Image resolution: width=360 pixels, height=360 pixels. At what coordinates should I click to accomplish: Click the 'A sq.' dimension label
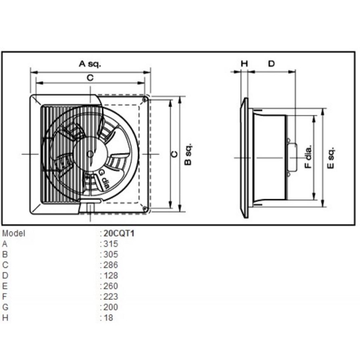pos(90,64)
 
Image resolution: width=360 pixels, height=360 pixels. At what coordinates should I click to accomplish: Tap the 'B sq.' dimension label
pos(188,154)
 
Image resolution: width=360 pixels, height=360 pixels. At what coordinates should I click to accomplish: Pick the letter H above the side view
pos(244,64)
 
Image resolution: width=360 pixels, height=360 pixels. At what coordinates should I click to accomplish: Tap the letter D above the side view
pos(271,64)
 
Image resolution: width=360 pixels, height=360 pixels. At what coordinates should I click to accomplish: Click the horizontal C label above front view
pos(90,78)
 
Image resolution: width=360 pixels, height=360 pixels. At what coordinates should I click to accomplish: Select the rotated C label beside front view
pos(174,154)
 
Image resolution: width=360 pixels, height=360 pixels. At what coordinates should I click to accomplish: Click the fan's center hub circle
pos(90,154)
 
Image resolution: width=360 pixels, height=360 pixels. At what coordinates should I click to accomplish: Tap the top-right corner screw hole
pos(145,100)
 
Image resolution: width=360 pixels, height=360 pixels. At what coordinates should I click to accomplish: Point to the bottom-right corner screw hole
pos(145,209)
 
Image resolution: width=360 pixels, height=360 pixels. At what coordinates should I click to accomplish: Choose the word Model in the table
pos(14,233)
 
